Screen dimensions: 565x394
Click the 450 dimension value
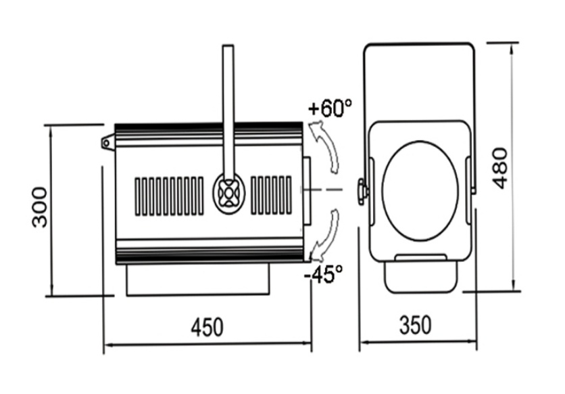tap(207, 327)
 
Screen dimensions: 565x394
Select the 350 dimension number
tap(415, 325)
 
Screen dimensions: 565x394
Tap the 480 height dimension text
tap(501, 169)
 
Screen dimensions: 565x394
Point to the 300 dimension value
tap(40, 207)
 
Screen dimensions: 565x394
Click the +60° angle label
tap(330, 108)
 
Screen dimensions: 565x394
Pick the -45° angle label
tap(324, 274)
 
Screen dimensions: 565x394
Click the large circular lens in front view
tap(420, 191)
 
